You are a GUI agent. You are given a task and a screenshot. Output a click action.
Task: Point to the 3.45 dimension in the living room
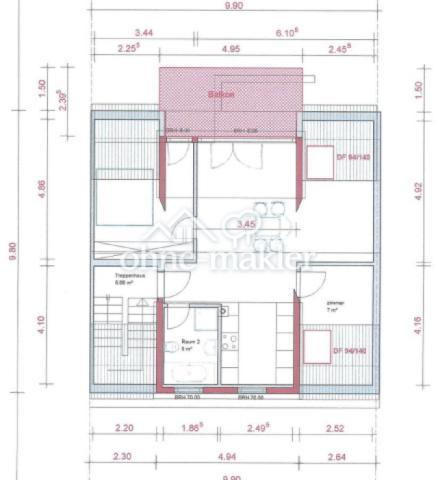243,226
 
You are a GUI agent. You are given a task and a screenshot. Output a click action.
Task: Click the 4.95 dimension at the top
230,47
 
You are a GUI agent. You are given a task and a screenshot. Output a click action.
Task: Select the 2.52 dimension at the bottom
334,428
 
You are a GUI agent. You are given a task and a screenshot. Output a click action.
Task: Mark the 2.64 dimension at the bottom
336,454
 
